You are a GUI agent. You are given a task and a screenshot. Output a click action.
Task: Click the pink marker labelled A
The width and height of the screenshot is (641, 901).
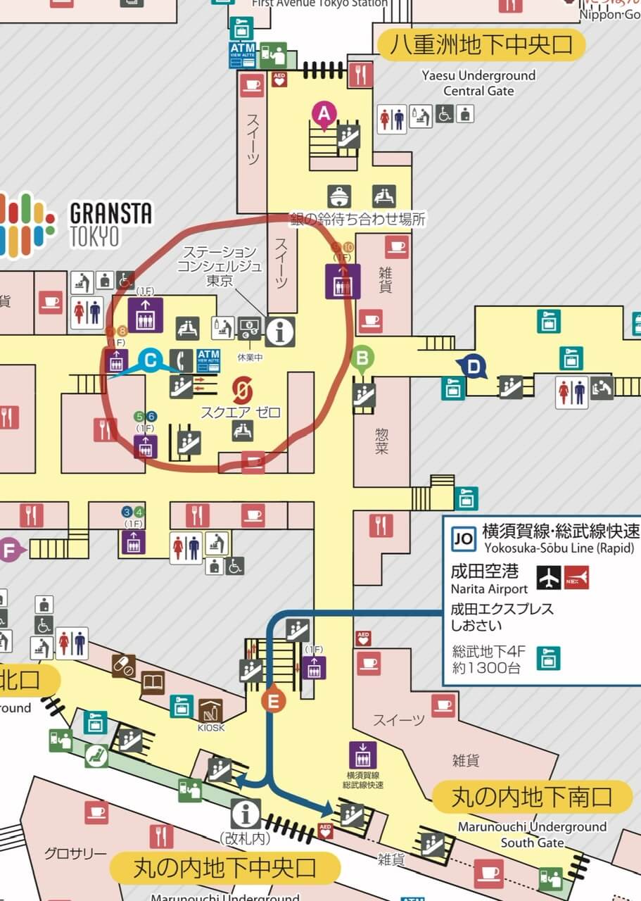[323, 113]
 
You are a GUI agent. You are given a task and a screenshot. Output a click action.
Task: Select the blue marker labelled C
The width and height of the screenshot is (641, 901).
[150, 362]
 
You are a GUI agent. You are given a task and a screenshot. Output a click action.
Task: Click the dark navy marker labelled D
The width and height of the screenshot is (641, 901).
[474, 365]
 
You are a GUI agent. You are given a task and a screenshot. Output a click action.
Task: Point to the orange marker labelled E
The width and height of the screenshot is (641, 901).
[273, 700]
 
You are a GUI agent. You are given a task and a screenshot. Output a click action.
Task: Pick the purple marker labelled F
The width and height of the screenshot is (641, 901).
[9, 550]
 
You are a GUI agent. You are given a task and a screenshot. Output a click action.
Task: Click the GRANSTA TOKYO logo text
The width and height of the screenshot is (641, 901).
[111, 224]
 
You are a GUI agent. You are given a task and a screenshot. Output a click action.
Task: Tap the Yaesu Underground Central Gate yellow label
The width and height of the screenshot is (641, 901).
[481, 46]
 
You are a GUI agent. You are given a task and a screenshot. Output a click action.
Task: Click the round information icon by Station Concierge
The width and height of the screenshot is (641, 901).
[280, 330]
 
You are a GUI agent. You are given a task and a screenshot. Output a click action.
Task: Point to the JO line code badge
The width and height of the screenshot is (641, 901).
[463, 538]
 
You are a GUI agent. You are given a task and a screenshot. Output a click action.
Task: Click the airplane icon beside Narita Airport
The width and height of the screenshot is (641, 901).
[549, 577]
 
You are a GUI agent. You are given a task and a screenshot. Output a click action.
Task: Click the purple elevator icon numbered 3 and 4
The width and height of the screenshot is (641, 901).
[133, 541]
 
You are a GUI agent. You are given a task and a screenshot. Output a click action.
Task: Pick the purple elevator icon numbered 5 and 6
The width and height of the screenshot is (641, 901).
[146, 446]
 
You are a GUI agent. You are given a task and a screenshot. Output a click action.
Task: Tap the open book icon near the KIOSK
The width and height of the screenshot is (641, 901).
[153, 682]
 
